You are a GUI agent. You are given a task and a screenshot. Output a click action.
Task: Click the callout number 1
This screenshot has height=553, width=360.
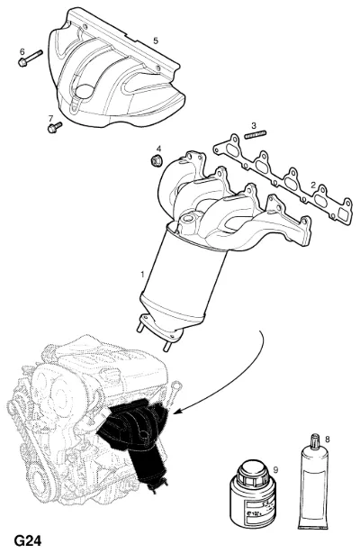pyautogui.click(x=142, y=274)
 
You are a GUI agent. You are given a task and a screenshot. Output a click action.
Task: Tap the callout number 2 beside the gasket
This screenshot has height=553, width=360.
pyautogui.click(x=313, y=185)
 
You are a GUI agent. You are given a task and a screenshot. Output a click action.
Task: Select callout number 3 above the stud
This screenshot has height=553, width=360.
pyautogui.click(x=254, y=125)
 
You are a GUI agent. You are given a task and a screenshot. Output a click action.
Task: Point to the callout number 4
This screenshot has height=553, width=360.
pyautogui.click(x=158, y=148)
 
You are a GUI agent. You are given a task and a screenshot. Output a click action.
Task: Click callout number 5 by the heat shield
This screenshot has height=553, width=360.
pyautogui.click(x=156, y=41)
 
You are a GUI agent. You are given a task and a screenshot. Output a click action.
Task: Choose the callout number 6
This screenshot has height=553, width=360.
pyautogui.click(x=22, y=52)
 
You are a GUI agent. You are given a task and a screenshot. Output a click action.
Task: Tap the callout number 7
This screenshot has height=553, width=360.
pyautogui.click(x=50, y=118)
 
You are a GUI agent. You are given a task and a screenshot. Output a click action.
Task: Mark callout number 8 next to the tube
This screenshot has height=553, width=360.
pyautogui.click(x=328, y=440)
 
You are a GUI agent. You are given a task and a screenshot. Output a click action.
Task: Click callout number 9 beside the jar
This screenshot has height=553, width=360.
pyautogui.click(x=275, y=470)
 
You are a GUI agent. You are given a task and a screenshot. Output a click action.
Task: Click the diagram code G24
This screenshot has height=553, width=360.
pyautogui.click(x=28, y=541)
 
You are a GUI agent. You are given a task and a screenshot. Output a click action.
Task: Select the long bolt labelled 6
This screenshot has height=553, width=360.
pyautogui.click(x=30, y=59)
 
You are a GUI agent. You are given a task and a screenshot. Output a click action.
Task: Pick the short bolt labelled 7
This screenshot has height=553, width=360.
pyautogui.click(x=55, y=128)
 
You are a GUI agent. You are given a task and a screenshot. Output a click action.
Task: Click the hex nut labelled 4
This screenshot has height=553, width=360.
pyautogui.click(x=156, y=161)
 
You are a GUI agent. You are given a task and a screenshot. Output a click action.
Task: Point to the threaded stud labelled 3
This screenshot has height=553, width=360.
pyautogui.click(x=255, y=135)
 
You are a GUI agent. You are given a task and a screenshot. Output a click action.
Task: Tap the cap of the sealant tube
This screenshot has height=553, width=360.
pyautogui.click(x=314, y=441)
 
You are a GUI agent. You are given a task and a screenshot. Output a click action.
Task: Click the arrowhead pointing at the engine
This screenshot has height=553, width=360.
pyautogui.click(x=177, y=411)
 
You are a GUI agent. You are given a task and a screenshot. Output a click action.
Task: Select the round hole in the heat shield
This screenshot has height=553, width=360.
pyautogui.click(x=83, y=91)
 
